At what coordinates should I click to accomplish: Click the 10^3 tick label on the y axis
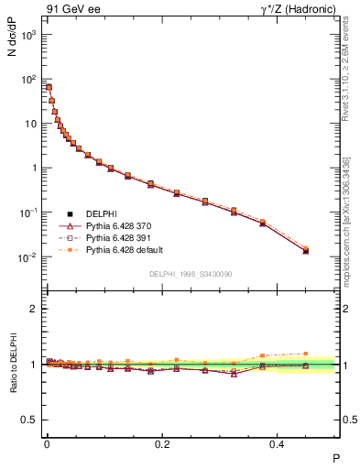27,35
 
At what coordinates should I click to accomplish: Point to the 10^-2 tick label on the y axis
27,257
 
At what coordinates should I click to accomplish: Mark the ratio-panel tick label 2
33,309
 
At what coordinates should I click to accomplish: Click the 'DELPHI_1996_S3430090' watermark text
191,275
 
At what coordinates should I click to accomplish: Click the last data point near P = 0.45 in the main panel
306,250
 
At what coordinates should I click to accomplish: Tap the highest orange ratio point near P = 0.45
306,353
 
